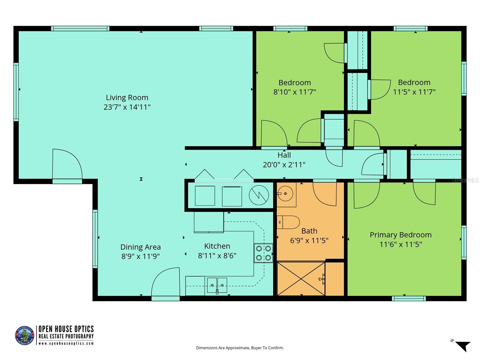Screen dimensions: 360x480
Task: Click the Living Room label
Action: [127, 97]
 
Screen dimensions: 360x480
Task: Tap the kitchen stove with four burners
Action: [263, 253]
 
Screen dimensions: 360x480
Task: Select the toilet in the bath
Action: [288, 222]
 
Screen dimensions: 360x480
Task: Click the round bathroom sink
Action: [286, 194]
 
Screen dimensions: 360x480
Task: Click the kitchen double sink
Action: [217, 285]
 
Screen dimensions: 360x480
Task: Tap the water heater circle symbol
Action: [259, 195]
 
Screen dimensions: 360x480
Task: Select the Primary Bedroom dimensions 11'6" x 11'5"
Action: [400, 244]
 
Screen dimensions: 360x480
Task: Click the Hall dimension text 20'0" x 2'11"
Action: [284, 164]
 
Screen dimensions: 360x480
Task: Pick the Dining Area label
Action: [140, 247]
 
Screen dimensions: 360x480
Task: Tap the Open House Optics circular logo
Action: [25, 335]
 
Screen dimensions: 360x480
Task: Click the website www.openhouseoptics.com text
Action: [66, 343]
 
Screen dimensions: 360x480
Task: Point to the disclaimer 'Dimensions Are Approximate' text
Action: [240, 348]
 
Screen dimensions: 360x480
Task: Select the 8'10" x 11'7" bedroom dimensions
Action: [295, 92]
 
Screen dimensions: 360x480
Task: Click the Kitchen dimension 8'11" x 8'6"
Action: [217, 256]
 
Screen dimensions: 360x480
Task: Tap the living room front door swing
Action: [67, 165]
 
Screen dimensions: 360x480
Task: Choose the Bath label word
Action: [309, 231]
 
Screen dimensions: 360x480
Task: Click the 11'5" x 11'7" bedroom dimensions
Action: [414, 92]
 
